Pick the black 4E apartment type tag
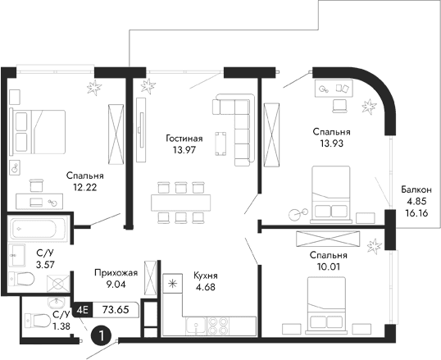82,310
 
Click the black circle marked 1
100,335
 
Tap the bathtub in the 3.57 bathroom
39,227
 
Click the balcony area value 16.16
416,211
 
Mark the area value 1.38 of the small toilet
61,326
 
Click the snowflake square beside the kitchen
171,285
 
